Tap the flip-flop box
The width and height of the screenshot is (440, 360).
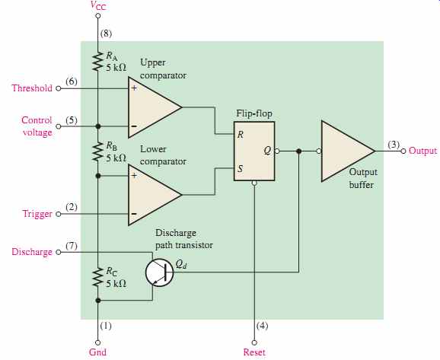pyautogui.click(x=254, y=151)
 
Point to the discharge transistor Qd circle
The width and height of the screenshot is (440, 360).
pyautogui.click(x=159, y=272)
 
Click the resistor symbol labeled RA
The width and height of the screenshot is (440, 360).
pyautogui.click(x=98, y=61)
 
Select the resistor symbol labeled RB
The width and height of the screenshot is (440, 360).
pyautogui.click(x=98, y=151)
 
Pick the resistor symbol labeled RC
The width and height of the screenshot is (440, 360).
pyautogui.click(x=98, y=277)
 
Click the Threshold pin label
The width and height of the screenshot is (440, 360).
pyautogui.click(x=32, y=88)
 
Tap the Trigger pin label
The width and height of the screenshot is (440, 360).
pyautogui.click(x=37, y=214)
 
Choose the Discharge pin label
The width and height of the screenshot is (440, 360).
pyautogui.click(x=32, y=252)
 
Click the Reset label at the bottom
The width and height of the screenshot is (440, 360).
pyautogui.click(x=254, y=352)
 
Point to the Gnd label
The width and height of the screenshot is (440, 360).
pyautogui.click(x=97, y=352)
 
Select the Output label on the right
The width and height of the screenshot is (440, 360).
pyautogui.click(x=423, y=151)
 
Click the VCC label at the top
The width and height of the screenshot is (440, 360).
pyautogui.click(x=98, y=5)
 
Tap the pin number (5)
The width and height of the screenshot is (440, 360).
pyautogui.click(x=72, y=120)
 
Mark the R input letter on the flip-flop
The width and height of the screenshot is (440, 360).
pyautogui.click(x=241, y=135)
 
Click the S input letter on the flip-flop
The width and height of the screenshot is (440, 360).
pyautogui.click(x=241, y=169)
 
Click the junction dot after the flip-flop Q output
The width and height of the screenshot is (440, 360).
pyautogui.click(x=299, y=151)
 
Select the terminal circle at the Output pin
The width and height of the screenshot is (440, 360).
pyautogui.click(x=403, y=151)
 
